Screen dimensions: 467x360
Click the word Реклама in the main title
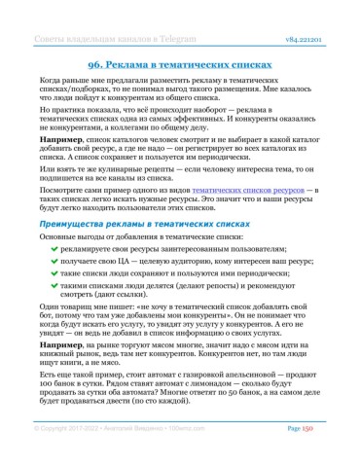tap(155, 59)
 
